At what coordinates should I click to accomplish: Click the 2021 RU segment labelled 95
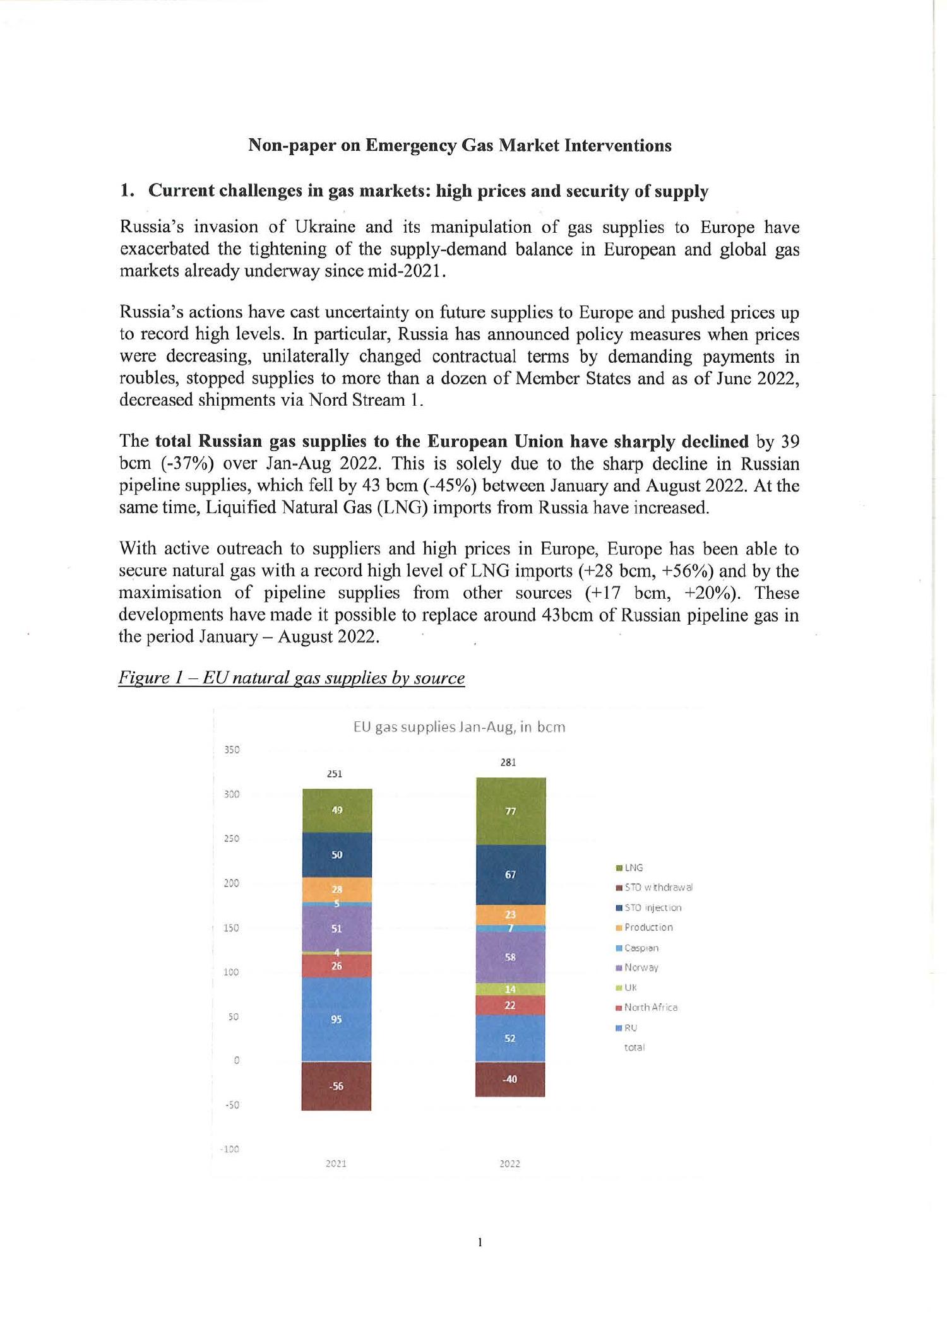coord(337,1018)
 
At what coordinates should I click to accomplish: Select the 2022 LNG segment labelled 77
coord(511,811)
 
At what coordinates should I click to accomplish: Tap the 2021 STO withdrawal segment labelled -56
coord(337,1086)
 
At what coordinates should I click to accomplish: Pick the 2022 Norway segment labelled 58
coord(511,957)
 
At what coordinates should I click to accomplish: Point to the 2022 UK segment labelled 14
coord(511,989)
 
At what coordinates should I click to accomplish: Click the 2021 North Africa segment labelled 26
coord(337,965)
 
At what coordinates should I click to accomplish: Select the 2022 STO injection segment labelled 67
coord(511,875)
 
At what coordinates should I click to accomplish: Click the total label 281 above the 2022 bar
coord(508,762)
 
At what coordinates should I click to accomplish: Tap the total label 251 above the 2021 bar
coord(335,774)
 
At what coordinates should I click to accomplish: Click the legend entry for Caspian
coord(641,948)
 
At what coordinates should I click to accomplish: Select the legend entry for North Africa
coord(650,1008)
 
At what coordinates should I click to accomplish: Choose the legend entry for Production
coord(648,928)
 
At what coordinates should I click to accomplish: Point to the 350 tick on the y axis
coord(232,750)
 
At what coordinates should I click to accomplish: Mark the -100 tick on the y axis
coord(230,1149)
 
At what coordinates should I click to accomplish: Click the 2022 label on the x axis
coord(509,1164)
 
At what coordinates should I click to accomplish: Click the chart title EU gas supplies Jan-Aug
coord(459,727)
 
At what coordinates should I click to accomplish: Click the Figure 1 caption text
coord(291,678)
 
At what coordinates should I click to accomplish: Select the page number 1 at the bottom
coord(480,1242)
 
